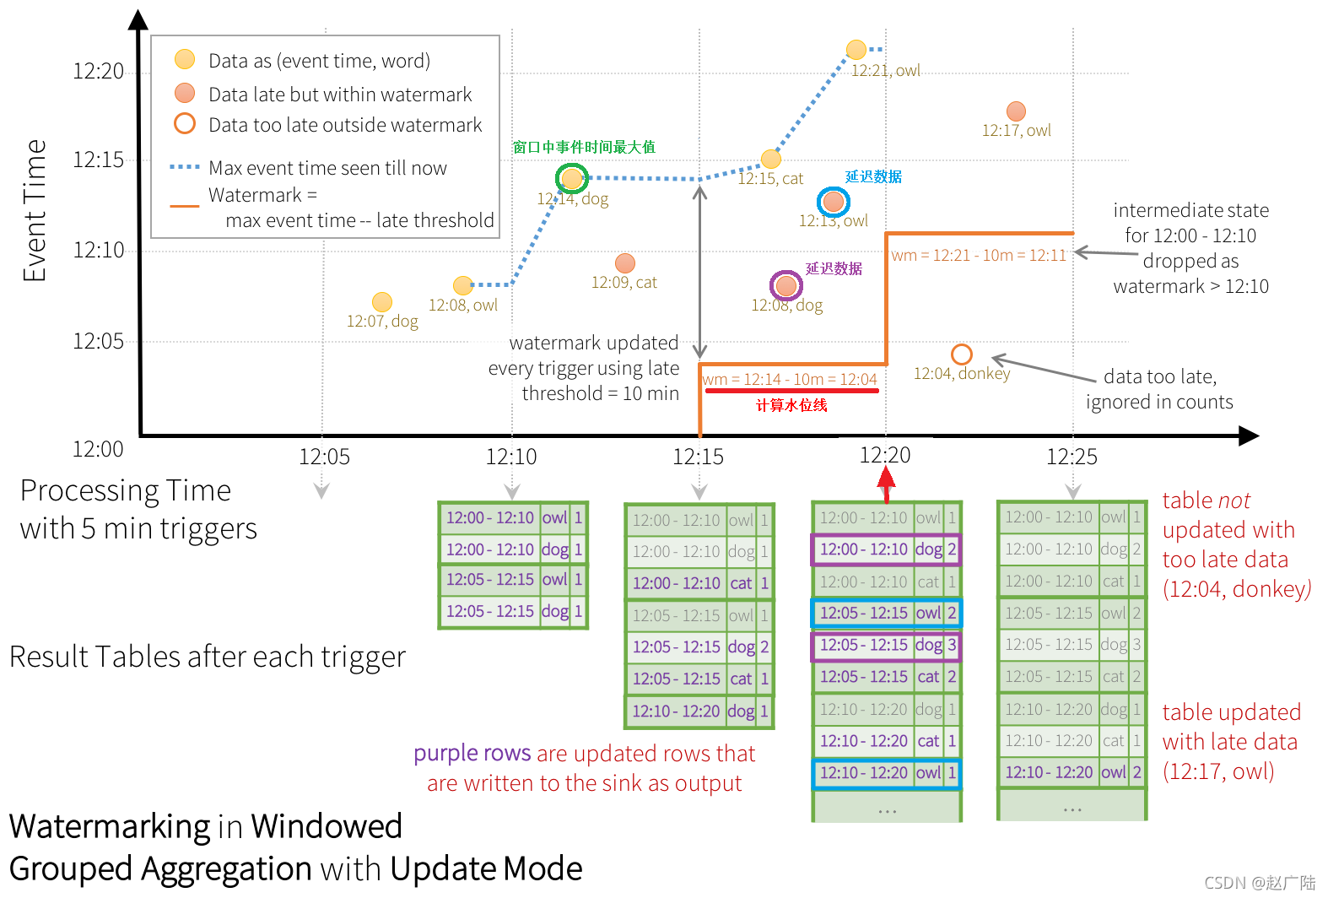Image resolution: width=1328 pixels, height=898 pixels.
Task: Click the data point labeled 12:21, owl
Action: pos(856,50)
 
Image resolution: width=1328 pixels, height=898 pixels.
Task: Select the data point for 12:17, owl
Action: pos(1016,111)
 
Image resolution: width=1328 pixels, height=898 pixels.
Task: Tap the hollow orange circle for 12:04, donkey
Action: pos(961,354)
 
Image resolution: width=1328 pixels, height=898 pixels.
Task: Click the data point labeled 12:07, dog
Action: pos(382,301)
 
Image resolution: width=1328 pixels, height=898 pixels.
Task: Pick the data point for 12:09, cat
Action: pos(625,262)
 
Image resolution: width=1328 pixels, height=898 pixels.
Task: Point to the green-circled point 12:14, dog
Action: pos(572,178)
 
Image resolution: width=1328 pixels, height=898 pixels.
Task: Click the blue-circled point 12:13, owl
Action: pos(834,202)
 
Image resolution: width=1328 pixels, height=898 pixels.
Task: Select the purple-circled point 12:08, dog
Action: pos(786,286)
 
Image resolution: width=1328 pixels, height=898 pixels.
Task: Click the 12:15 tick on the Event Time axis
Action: pos(99,160)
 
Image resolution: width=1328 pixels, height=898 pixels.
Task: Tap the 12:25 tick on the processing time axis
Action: pos(1072,457)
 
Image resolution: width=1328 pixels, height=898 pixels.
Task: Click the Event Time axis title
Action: pos(35,210)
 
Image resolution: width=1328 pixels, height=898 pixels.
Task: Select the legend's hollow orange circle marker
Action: pos(185,124)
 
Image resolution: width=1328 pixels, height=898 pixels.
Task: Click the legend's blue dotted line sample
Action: pos(185,167)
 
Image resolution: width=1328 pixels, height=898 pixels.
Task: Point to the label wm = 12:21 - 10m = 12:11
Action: pos(979,255)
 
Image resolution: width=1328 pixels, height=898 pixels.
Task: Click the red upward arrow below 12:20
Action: pos(886,484)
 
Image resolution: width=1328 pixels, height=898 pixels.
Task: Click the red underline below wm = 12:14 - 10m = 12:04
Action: pos(791,391)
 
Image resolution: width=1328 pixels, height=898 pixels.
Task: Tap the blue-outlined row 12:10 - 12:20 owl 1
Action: pos(887,773)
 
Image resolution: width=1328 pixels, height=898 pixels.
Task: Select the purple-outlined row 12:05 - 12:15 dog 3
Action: pos(887,646)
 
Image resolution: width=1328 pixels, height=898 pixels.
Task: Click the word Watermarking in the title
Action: pos(109,826)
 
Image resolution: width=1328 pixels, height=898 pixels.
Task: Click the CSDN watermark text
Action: pos(1259,883)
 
